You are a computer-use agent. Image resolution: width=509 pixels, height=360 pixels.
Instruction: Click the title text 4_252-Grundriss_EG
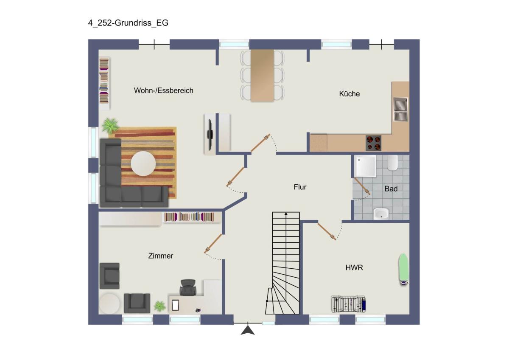[x=128, y=23]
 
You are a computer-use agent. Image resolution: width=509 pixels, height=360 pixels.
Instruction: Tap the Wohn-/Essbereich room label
[x=164, y=90]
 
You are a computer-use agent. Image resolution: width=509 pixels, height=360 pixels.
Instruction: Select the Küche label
[x=349, y=94]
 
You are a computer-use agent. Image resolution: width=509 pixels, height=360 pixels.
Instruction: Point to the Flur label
[x=300, y=187]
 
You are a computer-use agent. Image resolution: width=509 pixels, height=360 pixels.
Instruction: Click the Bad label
[x=391, y=188]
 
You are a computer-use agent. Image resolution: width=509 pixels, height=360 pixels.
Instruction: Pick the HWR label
[x=354, y=268]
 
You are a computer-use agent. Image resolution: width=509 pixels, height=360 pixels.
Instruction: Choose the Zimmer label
[x=161, y=256]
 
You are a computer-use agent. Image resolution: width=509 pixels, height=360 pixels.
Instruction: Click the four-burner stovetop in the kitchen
[x=373, y=143]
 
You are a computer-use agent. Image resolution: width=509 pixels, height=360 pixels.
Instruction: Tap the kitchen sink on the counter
[x=400, y=110]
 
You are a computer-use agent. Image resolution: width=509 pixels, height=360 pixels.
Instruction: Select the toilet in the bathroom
[x=392, y=163]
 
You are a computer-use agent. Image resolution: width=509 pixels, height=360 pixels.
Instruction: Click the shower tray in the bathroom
[x=365, y=166]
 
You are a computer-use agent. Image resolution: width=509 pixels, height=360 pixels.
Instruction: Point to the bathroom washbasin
[x=381, y=214]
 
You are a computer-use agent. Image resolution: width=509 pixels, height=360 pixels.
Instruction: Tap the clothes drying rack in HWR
[x=348, y=304]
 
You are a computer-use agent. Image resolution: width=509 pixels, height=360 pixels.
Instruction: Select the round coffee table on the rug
[x=143, y=164]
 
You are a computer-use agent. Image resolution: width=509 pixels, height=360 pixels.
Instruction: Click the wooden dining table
[x=262, y=76]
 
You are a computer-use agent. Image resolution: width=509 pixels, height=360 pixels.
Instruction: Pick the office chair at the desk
[x=188, y=287]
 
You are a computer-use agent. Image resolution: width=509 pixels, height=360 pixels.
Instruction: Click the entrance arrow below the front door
[x=248, y=330]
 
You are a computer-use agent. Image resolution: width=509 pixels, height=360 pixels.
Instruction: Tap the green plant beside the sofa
[x=110, y=125]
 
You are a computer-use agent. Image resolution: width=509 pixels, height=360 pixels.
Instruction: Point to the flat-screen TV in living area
[x=210, y=135]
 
